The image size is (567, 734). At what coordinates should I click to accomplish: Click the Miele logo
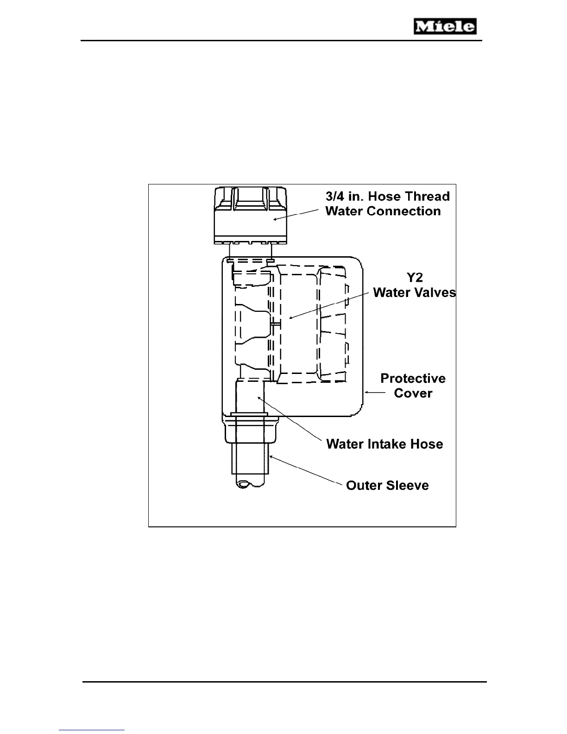pyautogui.click(x=445, y=26)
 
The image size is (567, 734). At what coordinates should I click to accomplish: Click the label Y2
pyautogui.click(x=415, y=278)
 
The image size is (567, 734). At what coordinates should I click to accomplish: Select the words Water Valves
pyautogui.click(x=414, y=293)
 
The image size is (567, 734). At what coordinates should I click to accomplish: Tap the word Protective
pyautogui.click(x=413, y=379)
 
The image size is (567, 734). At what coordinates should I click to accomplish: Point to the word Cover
pyautogui.click(x=413, y=393)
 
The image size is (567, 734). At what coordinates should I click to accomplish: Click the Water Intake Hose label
pyautogui.click(x=384, y=444)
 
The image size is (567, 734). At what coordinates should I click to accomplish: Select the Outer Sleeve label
pyautogui.click(x=387, y=486)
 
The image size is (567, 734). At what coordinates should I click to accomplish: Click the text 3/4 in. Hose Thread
pyautogui.click(x=387, y=196)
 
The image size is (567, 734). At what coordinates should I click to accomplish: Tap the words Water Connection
pyautogui.click(x=383, y=211)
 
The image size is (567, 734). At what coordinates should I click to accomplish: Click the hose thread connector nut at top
pyautogui.click(x=250, y=216)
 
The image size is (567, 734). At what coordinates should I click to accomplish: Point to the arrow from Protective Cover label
pyautogui.click(x=375, y=392)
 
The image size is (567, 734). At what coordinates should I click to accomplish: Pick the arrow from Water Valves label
pyautogui.click(x=329, y=305)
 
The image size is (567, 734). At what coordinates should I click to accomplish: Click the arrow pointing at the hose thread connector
pyautogui.click(x=296, y=214)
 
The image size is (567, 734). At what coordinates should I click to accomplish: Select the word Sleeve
pyautogui.click(x=409, y=486)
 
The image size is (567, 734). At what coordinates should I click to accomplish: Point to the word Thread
pyautogui.click(x=427, y=196)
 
